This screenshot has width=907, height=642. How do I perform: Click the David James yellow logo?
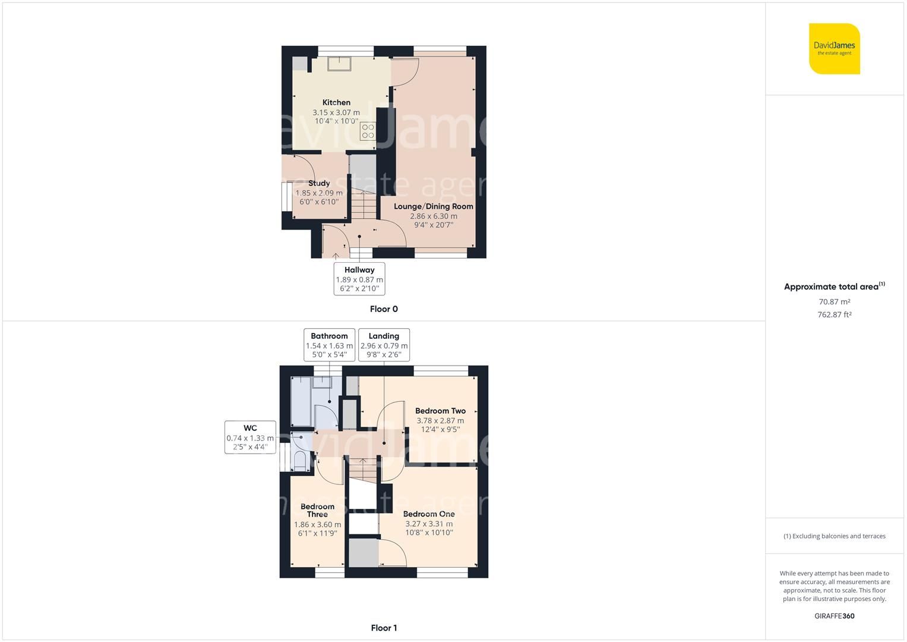pos(834,49)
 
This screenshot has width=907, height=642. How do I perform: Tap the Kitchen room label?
pos(336,103)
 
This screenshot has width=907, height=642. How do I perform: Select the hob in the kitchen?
pos(368,131)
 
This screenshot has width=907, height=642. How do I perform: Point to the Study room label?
pos(319,183)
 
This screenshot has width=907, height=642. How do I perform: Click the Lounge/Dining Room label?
pos(434,206)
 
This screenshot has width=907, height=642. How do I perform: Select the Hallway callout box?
pos(359,279)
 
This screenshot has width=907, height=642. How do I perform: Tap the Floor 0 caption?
pos(384,309)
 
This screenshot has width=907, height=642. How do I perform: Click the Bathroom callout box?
pos(329,345)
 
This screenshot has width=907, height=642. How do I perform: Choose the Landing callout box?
pos(384,345)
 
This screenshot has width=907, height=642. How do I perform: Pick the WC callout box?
pos(250,437)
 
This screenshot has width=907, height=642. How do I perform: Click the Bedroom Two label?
pos(440,411)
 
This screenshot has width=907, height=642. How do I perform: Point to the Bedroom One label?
pos(429,514)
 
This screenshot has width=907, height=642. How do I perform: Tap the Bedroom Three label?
pos(317,510)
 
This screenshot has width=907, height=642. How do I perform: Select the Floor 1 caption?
pos(384,628)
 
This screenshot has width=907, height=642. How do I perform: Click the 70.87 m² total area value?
pos(834,302)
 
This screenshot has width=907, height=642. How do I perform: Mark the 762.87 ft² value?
pos(834,315)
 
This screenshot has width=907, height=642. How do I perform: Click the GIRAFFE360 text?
pos(834,616)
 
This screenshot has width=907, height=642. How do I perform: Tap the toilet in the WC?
pos(301,461)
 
